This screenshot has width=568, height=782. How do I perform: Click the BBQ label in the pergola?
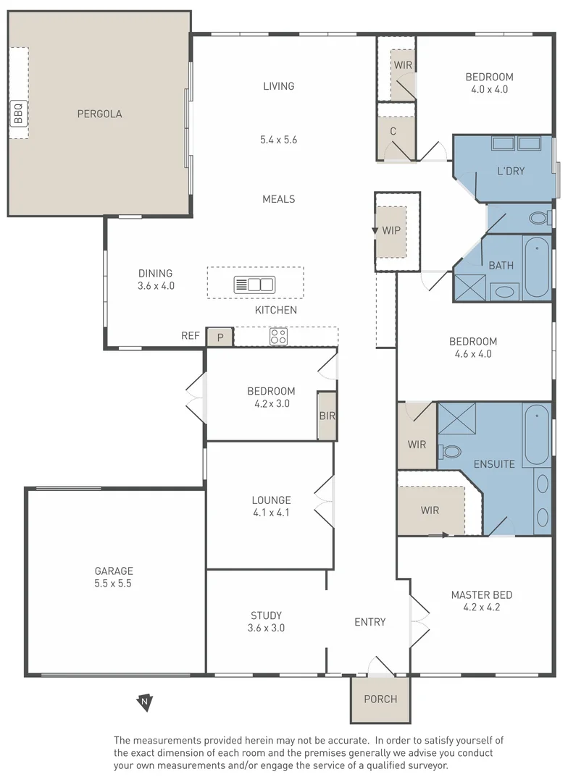[18, 114]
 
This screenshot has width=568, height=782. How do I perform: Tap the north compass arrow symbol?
[146, 702]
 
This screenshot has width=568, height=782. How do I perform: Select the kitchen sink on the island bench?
[254, 285]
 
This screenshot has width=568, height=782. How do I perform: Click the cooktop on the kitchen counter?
[278, 337]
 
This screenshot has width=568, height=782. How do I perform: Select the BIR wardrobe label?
[327, 416]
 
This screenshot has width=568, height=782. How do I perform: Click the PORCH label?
[380, 699]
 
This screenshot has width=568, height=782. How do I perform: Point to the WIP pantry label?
[391, 231]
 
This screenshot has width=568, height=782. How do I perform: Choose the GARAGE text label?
[114, 571]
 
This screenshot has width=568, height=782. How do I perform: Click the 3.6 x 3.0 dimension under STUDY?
[266, 628]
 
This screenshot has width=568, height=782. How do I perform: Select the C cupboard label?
[393, 131]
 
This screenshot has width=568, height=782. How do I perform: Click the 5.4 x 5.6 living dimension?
[279, 140]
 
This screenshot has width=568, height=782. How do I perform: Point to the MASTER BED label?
[481, 595]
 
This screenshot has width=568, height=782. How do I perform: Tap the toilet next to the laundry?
[538, 218]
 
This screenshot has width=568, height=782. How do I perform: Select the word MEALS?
[279, 199]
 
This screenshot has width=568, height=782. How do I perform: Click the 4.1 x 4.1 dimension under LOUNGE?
[271, 513]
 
